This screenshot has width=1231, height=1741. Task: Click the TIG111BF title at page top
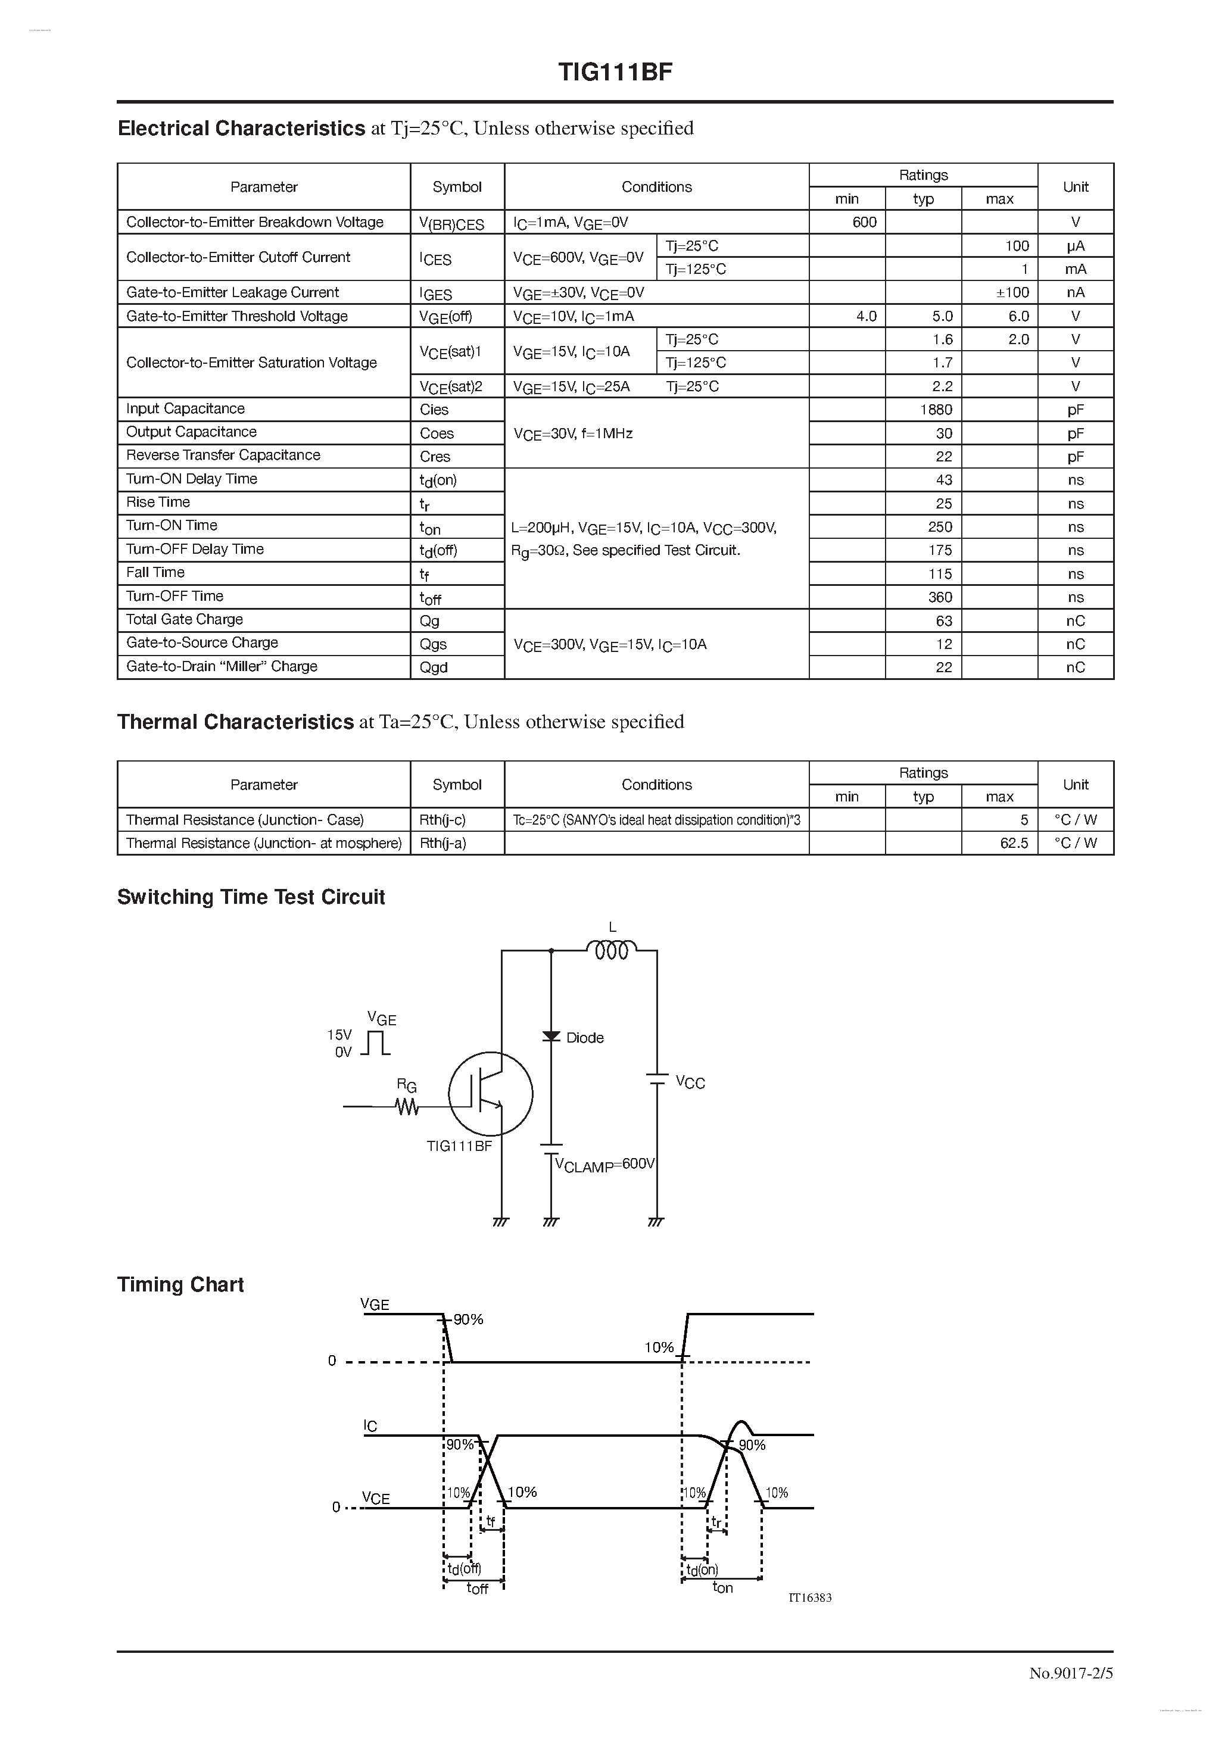point(615,72)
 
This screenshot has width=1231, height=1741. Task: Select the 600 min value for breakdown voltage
point(864,222)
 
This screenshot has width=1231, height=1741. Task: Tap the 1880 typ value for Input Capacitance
point(936,410)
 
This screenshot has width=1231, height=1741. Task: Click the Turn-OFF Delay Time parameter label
point(195,549)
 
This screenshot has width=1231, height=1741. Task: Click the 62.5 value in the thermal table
point(1014,843)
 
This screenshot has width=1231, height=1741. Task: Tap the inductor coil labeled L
point(611,950)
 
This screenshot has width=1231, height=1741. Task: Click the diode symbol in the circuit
point(551,1037)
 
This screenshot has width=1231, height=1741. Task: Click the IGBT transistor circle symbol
point(490,1093)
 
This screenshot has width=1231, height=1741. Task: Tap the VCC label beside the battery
point(690,1083)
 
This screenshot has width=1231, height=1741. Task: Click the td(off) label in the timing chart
point(463,1569)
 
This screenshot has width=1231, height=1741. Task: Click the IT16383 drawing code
point(810,1598)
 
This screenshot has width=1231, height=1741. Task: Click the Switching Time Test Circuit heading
point(251,897)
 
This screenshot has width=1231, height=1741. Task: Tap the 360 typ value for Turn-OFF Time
point(940,598)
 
